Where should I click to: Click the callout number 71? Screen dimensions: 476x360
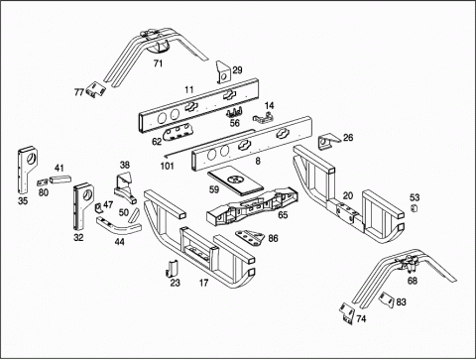click(x=158, y=63)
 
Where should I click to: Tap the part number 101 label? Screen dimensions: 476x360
click(x=168, y=166)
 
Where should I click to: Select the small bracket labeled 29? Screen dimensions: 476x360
click(x=223, y=72)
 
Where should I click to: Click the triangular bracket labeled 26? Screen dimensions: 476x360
click(x=328, y=141)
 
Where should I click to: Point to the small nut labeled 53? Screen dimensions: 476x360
click(x=414, y=208)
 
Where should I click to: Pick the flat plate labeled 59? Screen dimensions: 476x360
click(x=235, y=182)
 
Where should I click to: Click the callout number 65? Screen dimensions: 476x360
click(x=283, y=215)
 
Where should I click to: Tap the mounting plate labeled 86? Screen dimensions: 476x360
click(x=250, y=238)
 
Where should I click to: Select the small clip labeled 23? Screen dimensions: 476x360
click(x=173, y=268)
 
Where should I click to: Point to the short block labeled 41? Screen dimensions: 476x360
click(x=60, y=179)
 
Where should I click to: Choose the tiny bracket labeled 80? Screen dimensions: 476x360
click(x=43, y=182)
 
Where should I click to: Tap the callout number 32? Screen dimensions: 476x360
click(x=78, y=237)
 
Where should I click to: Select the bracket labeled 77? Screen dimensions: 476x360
click(x=96, y=88)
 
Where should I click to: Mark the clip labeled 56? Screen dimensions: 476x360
click(x=235, y=112)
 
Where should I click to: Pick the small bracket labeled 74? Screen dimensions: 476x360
click(x=346, y=313)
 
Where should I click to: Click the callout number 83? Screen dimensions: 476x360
click(x=401, y=301)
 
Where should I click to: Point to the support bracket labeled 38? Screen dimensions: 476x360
click(x=125, y=188)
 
